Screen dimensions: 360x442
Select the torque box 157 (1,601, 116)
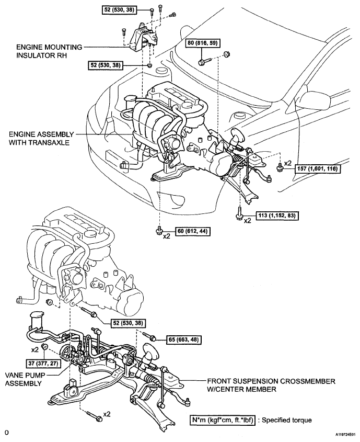[317, 169]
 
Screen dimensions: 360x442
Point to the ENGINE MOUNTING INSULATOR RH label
[49, 51]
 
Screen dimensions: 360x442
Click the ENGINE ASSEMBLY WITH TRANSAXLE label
[41, 138]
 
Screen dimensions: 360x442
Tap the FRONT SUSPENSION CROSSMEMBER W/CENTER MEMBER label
[271, 386]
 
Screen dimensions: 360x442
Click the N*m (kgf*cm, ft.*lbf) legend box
[223, 421]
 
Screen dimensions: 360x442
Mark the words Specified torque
[287, 421]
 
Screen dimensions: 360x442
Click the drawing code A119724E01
[346, 438]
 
